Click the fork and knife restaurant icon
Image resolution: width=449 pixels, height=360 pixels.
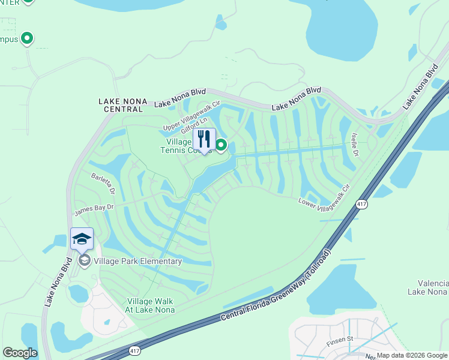click(204, 139)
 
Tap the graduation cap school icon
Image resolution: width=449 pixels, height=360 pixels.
click(82, 239)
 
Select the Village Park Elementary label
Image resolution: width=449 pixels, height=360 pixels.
click(137, 261)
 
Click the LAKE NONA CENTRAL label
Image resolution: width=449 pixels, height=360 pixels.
click(122, 106)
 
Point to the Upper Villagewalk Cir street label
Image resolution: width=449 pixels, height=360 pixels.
click(188, 120)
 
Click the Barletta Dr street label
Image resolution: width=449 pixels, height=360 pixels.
click(102, 184)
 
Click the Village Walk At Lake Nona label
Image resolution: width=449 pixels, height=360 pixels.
click(151, 305)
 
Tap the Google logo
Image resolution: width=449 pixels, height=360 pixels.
click(20, 353)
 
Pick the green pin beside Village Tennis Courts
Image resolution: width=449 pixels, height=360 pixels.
click(221, 145)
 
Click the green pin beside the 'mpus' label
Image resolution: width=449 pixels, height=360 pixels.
click(26, 39)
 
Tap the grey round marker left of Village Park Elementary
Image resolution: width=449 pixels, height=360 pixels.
click(84, 260)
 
